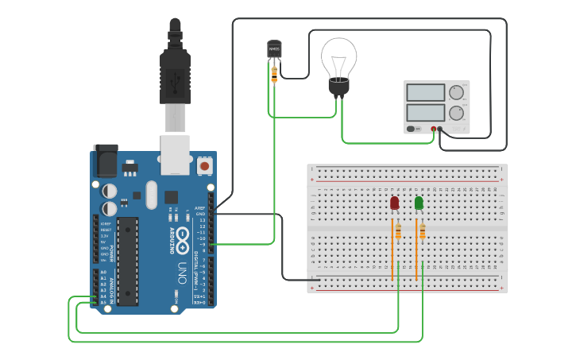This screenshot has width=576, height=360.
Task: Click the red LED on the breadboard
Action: click(395, 203)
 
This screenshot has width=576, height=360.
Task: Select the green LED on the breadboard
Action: click(419, 203)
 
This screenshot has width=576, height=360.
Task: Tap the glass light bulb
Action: click(339, 59)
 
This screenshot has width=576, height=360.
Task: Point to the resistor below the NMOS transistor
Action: click(274, 74)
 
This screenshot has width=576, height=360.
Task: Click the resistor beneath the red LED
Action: click(398, 231)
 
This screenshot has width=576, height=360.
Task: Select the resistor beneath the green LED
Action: click(422, 231)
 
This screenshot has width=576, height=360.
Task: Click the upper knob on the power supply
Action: click(456, 92)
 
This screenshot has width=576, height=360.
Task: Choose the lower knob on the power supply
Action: click(456, 112)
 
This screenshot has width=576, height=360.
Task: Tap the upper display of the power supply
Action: click(426, 92)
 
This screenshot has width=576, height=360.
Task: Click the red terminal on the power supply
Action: click(434, 128)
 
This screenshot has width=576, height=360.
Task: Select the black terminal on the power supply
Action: click(441, 128)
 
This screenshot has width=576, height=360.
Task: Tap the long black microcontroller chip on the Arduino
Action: click(128, 261)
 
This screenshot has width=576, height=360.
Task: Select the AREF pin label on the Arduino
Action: click(199, 208)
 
